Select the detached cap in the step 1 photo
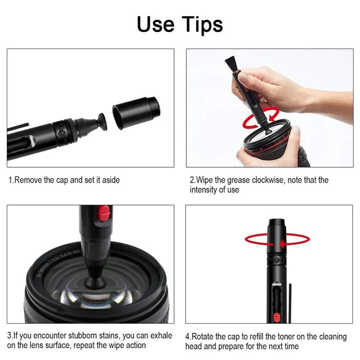coord(136,111)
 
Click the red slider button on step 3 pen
coord(104,213)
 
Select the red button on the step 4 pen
coord(277,317)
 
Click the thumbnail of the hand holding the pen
coord(269,108)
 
